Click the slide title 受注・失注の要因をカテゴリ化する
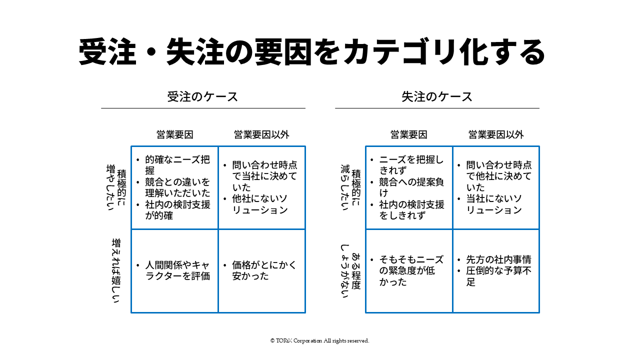311,52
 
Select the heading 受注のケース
202,97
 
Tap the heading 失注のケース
437,97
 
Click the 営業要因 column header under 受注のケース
175,134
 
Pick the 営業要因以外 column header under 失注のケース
496,134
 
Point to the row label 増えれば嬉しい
116,270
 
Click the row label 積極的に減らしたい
351,187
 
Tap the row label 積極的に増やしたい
116,187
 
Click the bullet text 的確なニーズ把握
177,165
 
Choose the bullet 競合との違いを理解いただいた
177,187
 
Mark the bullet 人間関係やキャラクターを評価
177,270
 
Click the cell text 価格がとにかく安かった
264,270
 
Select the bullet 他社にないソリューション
259,204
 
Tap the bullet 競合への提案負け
411,187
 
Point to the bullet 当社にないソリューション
494,204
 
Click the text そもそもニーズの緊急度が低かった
411,270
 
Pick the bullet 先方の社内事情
498,259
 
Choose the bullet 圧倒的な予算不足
498,276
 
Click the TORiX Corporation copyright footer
319,340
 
